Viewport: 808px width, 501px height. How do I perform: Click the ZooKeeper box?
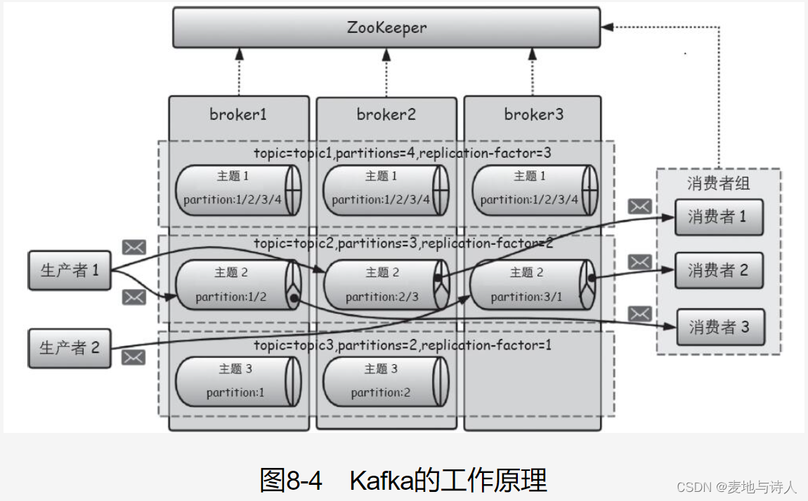pyautogui.click(x=386, y=28)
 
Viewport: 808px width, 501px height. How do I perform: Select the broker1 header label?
pyautogui.click(x=238, y=114)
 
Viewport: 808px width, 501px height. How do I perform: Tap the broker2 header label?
pyautogui.click(x=386, y=114)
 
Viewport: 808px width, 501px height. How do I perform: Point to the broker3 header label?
pyautogui.click(x=534, y=114)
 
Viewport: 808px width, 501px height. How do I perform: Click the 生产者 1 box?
pyautogui.click(x=70, y=271)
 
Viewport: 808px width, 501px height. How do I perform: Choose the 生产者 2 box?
pyautogui.click(x=70, y=348)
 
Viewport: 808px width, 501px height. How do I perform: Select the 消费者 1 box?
pyautogui.click(x=719, y=217)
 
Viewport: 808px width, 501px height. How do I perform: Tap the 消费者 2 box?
pyautogui.click(x=719, y=271)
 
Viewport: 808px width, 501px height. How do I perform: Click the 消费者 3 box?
pyautogui.click(x=720, y=327)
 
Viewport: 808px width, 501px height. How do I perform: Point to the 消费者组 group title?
pyautogui.click(x=718, y=183)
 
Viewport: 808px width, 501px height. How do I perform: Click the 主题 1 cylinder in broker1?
pyautogui.click(x=238, y=189)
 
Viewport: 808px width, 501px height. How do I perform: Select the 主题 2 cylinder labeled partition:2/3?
pyautogui.click(x=386, y=284)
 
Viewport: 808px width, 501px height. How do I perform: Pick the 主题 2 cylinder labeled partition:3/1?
pyautogui.click(x=533, y=284)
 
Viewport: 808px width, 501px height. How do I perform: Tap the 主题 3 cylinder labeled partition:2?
pyautogui.click(x=386, y=382)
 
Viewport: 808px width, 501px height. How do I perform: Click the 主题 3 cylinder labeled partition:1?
pyautogui.click(x=238, y=382)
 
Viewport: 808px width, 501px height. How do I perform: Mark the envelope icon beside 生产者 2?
pyautogui.click(x=133, y=357)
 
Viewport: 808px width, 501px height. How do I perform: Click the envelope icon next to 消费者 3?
pyautogui.click(x=640, y=314)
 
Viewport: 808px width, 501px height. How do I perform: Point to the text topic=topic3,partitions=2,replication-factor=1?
pyautogui.click(x=403, y=345)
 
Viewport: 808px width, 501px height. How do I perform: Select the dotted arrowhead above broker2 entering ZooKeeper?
pyautogui.click(x=386, y=55)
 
